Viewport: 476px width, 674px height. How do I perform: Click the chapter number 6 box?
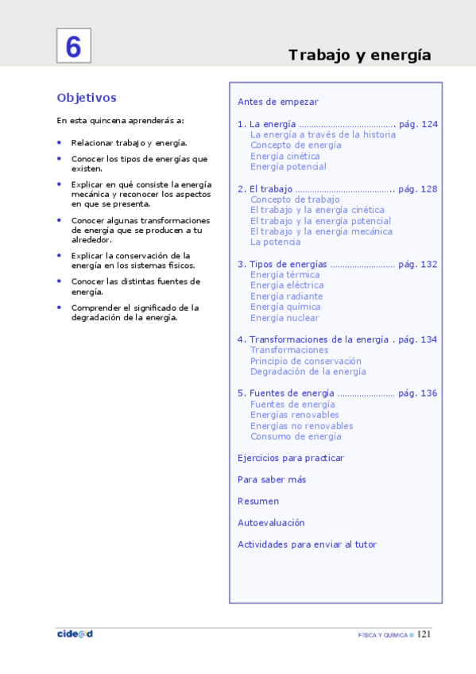(73, 46)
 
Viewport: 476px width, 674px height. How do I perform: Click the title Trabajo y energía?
(359, 55)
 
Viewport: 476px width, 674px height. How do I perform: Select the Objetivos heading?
(87, 98)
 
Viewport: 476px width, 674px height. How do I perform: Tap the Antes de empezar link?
(277, 102)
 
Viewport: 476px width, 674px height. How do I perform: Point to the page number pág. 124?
(418, 124)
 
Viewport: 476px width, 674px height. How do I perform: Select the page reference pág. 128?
(418, 189)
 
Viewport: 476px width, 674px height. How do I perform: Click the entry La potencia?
(275, 242)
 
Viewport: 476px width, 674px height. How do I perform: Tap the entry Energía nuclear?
(284, 318)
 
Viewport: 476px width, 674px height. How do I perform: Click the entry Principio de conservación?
(305, 361)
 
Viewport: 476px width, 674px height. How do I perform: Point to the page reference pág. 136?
(418, 393)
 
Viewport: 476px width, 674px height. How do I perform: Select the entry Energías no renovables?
(301, 425)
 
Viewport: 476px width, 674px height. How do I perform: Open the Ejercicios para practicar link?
(291, 458)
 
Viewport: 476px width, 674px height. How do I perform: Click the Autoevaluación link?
(271, 523)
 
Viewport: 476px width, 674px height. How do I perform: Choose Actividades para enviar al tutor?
(307, 544)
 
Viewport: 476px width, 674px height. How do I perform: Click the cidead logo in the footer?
(75, 633)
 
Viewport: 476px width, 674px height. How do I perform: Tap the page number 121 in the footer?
(424, 634)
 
